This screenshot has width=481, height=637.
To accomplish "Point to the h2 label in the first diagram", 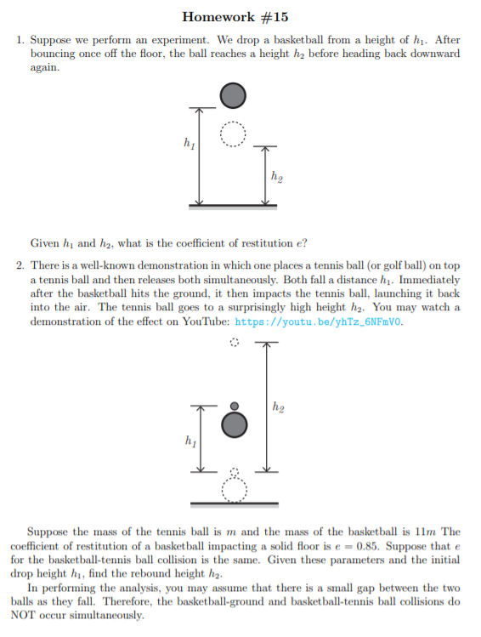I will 277,177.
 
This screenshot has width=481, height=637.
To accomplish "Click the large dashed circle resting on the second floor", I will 234,489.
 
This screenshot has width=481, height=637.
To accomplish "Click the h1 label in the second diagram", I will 188,441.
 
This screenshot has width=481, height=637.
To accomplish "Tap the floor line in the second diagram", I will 234,503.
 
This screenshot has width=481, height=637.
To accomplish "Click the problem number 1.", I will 20,40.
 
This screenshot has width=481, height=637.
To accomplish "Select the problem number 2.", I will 20,266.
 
